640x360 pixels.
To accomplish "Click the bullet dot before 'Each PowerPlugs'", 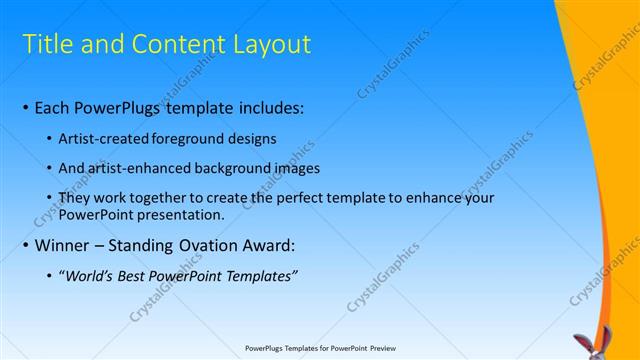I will tap(24, 107).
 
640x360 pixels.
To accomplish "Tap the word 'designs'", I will tap(252, 138).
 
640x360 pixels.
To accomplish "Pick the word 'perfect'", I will tap(294, 198).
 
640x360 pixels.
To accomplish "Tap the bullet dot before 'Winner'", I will tap(24, 245).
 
